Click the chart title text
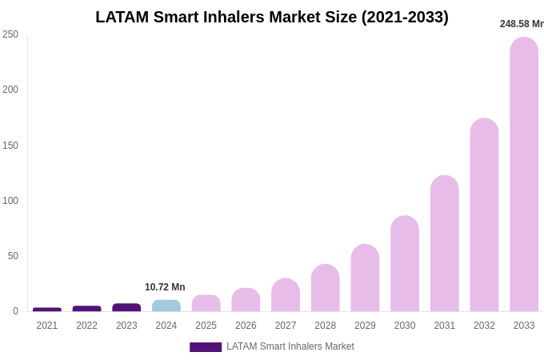[272, 17]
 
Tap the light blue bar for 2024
[166, 306]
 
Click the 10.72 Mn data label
[165, 287]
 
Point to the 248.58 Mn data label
[522, 24]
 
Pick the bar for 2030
[405, 264]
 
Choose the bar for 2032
[484, 215]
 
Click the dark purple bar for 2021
[47, 310]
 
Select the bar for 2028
[326, 288]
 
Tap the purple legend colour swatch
[206, 347]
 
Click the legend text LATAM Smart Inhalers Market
[290, 346]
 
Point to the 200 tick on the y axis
[10, 90]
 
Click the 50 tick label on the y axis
[13, 256]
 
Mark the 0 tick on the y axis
[15, 311]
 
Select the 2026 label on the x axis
[246, 326]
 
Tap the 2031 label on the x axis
[444, 326]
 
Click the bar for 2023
[126, 307]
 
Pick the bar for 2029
[365, 278]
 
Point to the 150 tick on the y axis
[10, 146]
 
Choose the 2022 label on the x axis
[87, 326]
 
